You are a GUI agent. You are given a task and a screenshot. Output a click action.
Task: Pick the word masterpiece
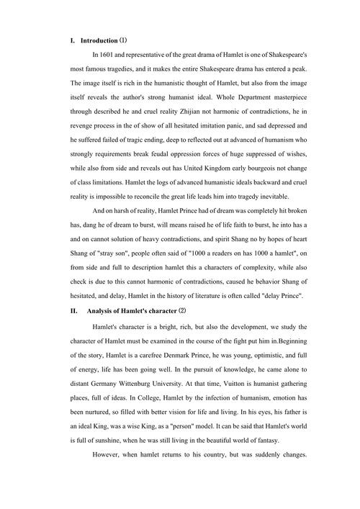pos(307,99)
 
